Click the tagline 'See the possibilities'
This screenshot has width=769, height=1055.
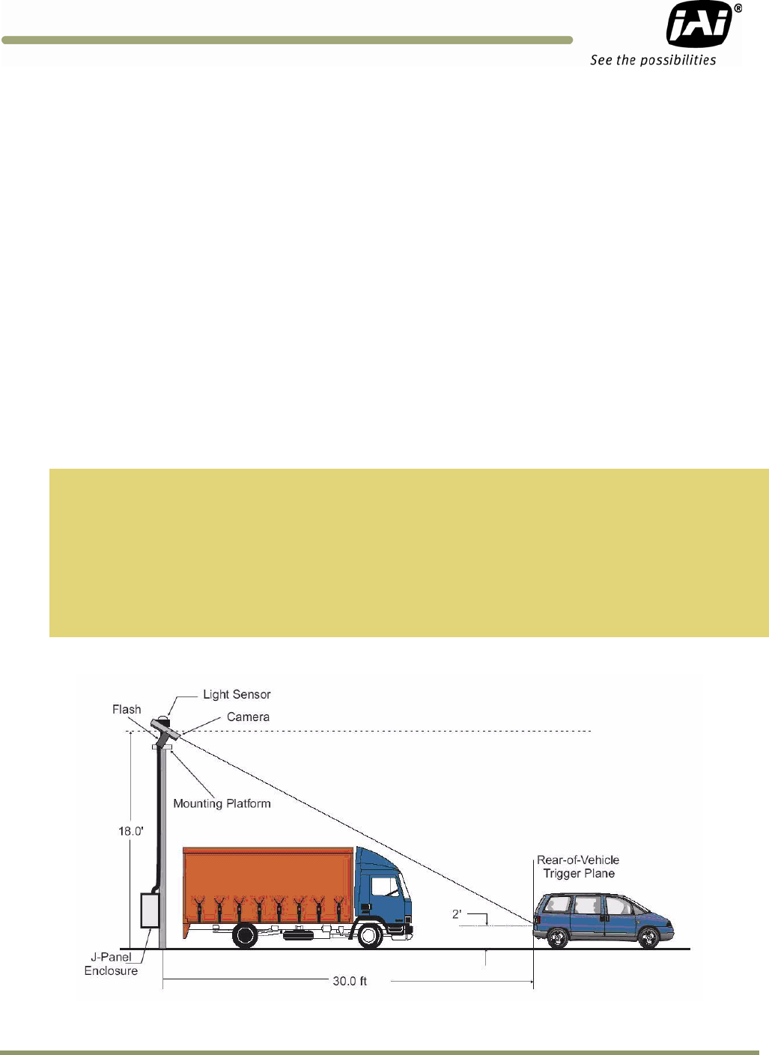653,61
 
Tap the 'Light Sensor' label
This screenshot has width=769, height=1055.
237,695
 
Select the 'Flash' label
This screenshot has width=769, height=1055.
127,710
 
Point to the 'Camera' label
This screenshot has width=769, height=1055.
248,717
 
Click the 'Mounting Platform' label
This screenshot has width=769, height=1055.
222,804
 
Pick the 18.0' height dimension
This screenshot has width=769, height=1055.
131,831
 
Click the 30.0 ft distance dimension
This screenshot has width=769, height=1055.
350,981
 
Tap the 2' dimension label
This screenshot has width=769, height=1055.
457,914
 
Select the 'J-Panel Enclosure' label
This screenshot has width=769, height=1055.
112,964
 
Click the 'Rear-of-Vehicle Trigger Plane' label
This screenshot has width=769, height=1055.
578,867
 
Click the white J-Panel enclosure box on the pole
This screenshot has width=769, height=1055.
150,911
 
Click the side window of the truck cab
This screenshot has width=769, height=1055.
385,887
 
